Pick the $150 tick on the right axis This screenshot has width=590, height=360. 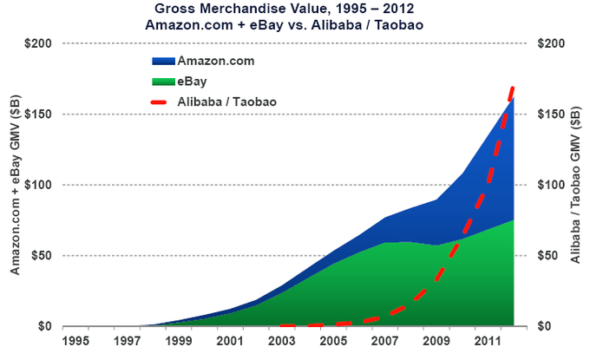pyautogui.click(x=553, y=115)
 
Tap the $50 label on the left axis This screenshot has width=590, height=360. pyautogui.click(x=43, y=256)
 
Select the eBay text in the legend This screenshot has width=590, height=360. pyautogui.click(x=192, y=82)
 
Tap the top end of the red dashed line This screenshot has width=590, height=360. pyautogui.click(x=513, y=88)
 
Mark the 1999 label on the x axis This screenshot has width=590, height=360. pyautogui.click(x=177, y=341)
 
